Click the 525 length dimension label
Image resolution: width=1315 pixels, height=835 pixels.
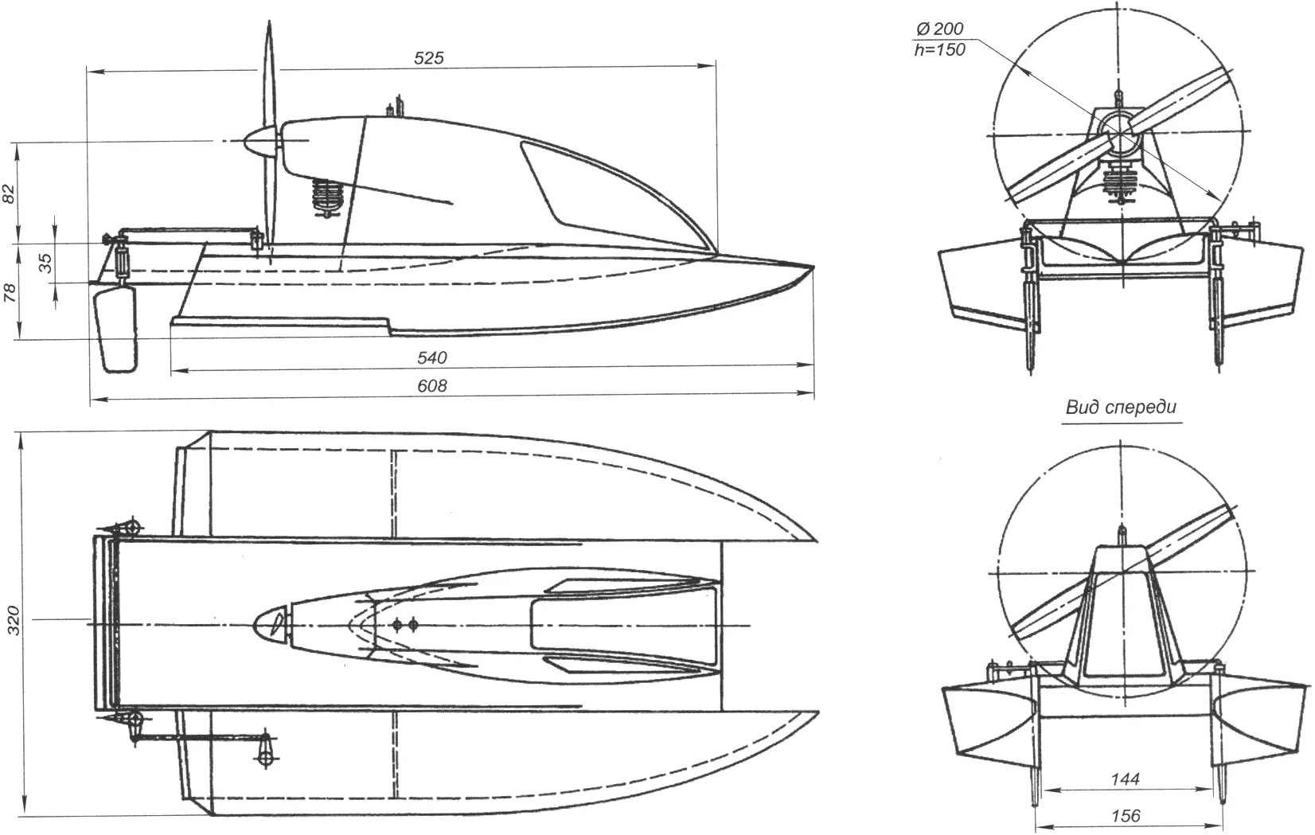pyautogui.click(x=429, y=58)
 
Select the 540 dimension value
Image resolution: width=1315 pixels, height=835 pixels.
pyautogui.click(x=433, y=357)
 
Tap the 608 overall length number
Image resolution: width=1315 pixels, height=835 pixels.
pyautogui.click(x=433, y=386)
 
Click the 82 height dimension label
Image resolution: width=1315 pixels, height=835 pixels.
pyautogui.click(x=10, y=193)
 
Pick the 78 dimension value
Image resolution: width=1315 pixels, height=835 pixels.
pyautogui.click(x=10, y=292)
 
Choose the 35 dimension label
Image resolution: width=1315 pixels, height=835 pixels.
pyautogui.click(x=45, y=263)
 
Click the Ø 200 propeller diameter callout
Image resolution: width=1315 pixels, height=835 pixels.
pyautogui.click(x=940, y=29)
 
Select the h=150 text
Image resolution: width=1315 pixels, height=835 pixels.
pyautogui.click(x=939, y=50)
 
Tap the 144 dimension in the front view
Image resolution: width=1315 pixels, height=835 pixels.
pyautogui.click(x=1126, y=779)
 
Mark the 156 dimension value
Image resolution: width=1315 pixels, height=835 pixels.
pyautogui.click(x=1126, y=816)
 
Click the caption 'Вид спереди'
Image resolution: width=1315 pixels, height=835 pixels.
pyautogui.click(x=1122, y=407)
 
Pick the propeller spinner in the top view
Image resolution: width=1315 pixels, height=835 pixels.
pyautogui.click(x=269, y=623)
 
